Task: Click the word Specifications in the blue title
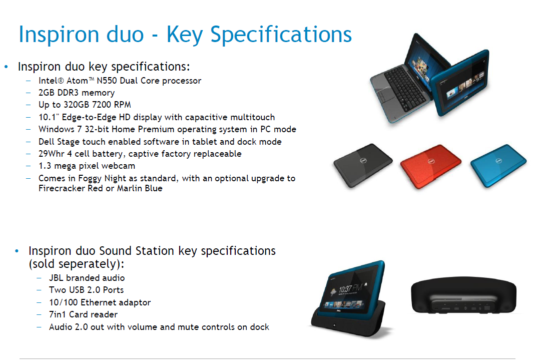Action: [x=281, y=35]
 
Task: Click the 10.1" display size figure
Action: [x=49, y=117]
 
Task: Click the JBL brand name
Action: [x=56, y=278]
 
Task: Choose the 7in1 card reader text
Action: [x=57, y=314]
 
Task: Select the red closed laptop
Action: [x=430, y=166]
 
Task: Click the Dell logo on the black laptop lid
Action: [x=363, y=160]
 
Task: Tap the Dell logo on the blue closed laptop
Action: [x=498, y=161]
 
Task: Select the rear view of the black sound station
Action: [x=463, y=295]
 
